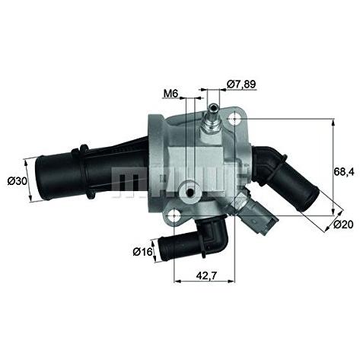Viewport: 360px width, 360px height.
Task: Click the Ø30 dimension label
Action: pos(18,181)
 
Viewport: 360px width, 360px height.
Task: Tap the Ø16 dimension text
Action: pos(142,252)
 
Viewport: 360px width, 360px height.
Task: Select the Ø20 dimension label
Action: pos(343,225)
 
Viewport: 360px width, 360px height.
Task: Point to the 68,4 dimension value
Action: pos(343,172)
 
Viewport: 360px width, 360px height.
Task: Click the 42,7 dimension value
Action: pos(207,276)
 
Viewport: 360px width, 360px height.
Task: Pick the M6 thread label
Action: pos(170,94)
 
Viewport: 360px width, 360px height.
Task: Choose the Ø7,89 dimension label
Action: pos(241,84)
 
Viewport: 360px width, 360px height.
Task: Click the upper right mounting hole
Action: pos(235,119)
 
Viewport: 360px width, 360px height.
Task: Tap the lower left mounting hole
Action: pos(174,215)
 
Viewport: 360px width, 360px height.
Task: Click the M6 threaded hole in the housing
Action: pos(190,193)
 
